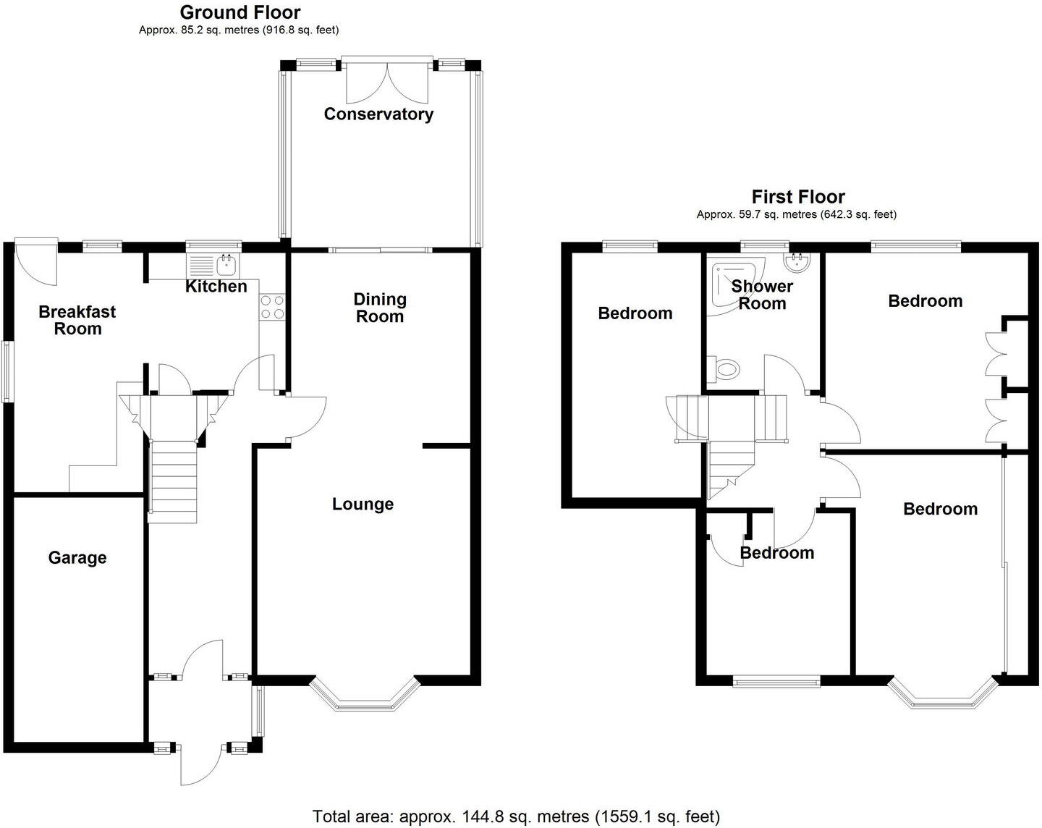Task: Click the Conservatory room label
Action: [378, 114]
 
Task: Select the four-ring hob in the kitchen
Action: [273, 307]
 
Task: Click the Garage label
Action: [77, 558]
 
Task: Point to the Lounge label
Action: [363, 504]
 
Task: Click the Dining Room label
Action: [380, 308]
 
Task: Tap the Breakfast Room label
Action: [77, 320]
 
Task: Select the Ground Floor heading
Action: [240, 12]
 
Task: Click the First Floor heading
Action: [798, 197]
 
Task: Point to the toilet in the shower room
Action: [724, 370]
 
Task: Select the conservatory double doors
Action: [388, 81]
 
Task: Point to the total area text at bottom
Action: [516, 817]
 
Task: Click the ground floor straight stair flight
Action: [174, 478]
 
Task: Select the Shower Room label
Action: [762, 295]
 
